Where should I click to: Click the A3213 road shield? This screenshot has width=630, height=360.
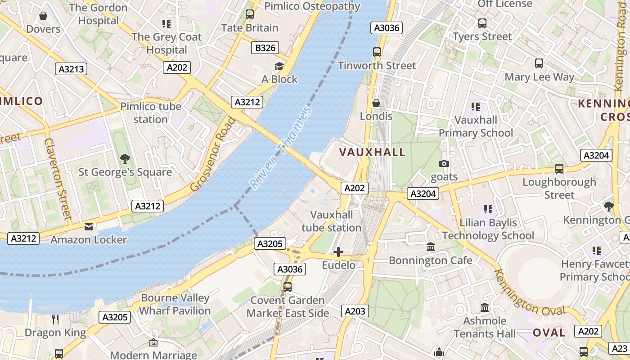pos(71,69)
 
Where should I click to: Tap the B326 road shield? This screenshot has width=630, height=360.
pos(265,48)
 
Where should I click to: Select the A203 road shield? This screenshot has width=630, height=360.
pos(355,311)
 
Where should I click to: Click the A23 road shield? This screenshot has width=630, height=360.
pos(619,348)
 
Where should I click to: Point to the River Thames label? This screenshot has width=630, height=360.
pos(280,148)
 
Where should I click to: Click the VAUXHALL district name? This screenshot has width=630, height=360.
pos(373,152)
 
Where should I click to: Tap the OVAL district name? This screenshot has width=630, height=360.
pos(549,333)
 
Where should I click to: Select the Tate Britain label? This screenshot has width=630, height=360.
pos(250,28)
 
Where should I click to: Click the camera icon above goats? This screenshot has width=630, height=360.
pos(444,164)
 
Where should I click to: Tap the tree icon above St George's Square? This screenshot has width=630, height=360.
pos(125,159)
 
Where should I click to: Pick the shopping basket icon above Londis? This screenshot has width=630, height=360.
pos(376,103)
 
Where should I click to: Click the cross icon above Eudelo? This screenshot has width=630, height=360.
pos(338,252)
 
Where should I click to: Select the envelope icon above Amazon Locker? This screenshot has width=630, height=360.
pos(89,227)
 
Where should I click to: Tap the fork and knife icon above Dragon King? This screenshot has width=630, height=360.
pos(55,319)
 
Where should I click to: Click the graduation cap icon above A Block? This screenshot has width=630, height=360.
pos(279,67)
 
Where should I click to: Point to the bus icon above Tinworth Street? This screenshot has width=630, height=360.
pos(377,52)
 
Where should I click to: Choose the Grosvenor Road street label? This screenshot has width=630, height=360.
pos(213,154)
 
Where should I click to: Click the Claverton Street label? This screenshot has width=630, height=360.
pos(58,179)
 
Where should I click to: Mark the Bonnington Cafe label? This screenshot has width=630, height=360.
pos(430,261)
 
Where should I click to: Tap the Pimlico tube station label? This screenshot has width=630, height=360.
pos(150,113)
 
